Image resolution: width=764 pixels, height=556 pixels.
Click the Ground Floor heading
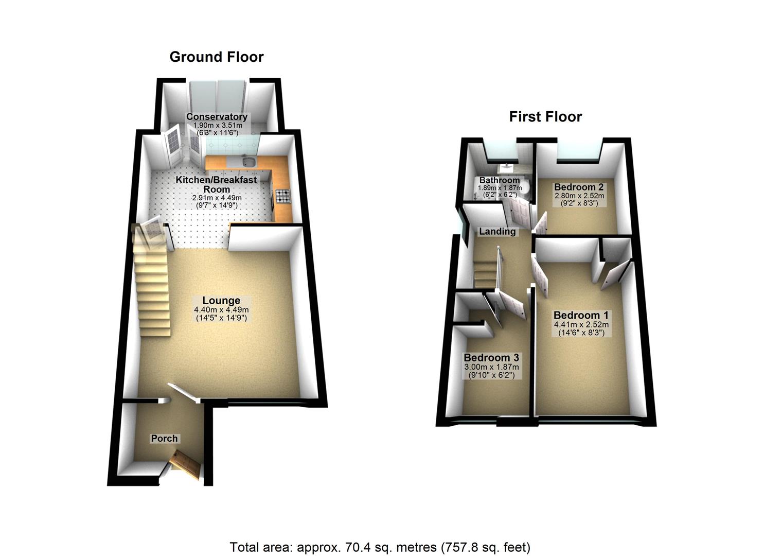click(217, 57)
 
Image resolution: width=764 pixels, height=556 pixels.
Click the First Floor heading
click(545, 116)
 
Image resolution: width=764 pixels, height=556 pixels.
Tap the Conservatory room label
click(217, 117)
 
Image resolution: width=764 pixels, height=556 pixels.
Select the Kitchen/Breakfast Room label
click(217, 184)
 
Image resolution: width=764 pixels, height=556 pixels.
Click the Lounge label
click(221, 301)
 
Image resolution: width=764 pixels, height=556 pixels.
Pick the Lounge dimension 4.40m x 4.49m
click(221, 310)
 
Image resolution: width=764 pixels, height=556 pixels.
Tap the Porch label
click(164, 439)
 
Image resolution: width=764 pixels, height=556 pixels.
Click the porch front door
click(186, 462)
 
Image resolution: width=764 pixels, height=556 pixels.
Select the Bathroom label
click(499, 181)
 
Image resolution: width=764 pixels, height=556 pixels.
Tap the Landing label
click(497, 232)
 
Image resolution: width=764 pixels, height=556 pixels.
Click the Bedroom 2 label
click(579, 187)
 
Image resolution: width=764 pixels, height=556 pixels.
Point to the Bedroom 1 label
click(580, 315)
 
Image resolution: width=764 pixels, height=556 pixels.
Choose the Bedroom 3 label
click(491, 358)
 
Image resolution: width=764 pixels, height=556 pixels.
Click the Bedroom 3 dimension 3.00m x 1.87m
click(491, 367)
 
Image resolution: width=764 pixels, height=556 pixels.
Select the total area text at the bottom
click(380, 547)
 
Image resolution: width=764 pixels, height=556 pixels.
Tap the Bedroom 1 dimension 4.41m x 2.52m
click(581, 325)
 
